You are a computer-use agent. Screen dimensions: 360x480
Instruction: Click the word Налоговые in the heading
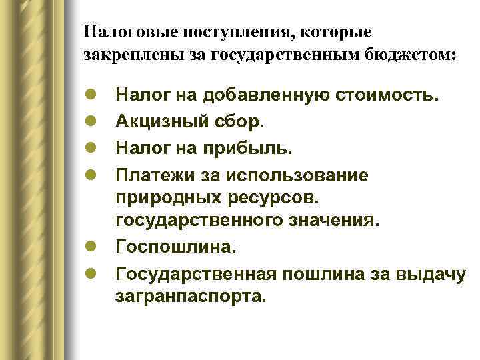pos(125,31)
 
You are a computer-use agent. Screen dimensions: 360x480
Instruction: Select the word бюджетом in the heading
pos(413,55)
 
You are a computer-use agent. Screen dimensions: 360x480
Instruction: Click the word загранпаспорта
pos(190,296)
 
